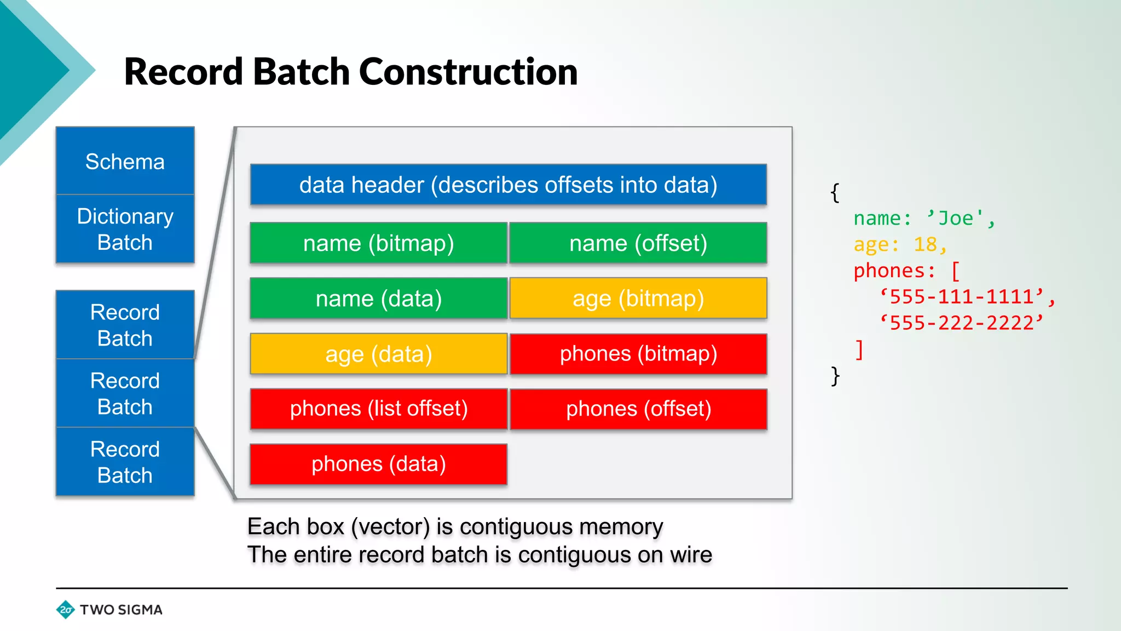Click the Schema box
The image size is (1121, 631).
pyautogui.click(x=125, y=161)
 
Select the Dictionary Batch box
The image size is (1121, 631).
pyautogui.click(x=125, y=229)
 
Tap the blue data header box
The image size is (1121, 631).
pyautogui.click(x=508, y=185)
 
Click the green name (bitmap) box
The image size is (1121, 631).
pyautogui.click(x=378, y=243)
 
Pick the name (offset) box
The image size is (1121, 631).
pyautogui.click(x=638, y=243)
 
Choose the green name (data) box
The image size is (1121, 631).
pyautogui.click(x=378, y=299)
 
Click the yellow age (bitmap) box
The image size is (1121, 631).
pyautogui.click(x=638, y=299)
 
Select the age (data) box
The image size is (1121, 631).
pyautogui.click(x=378, y=354)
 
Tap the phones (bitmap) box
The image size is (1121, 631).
pyautogui.click(x=638, y=354)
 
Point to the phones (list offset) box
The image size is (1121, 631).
pyautogui.click(x=378, y=409)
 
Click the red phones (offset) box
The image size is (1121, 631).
pyautogui.click(x=638, y=409)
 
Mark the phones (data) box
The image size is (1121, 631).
pyautogui.click(x=378, y=464)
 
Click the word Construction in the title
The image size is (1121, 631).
pyautogui.click(x=468, y=72)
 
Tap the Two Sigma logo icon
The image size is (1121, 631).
pyautogui.click(x=66, y=610)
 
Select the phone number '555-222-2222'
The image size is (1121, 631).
pyautogui.click(x=961, y=323)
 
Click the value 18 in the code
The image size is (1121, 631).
pyautogui.click(x=925, y=244)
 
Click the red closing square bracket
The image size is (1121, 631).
pyautogui.click(x=859, y=349)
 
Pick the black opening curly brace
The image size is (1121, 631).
pyautogui.click(x=835, y=193)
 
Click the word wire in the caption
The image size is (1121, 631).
pyautogui.click(x=691, y=555)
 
